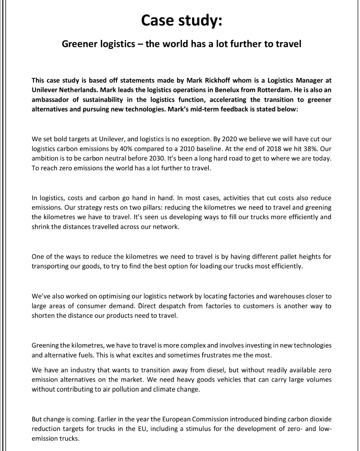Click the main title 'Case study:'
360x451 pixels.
pyautogui.click(x=181, y=20)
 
